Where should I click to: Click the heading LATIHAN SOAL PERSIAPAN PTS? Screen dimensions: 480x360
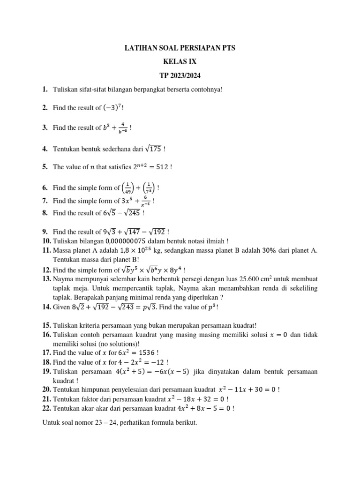pyautogui.click(x=180, y=48)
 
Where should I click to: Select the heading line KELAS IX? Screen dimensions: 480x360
pyautogui.click(x=180, y=61)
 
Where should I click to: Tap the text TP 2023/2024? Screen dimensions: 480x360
pyautogui.click(x=180, y=75)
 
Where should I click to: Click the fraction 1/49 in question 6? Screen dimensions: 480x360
pyautogui.click(x=129, y=188)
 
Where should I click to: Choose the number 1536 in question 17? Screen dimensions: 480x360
pyautogui.click(x=132, y=353)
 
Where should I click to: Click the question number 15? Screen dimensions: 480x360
pyautogui.click(x=46, y=325)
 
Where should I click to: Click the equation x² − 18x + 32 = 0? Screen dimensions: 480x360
pyautogui.click(x=196, y=399)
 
